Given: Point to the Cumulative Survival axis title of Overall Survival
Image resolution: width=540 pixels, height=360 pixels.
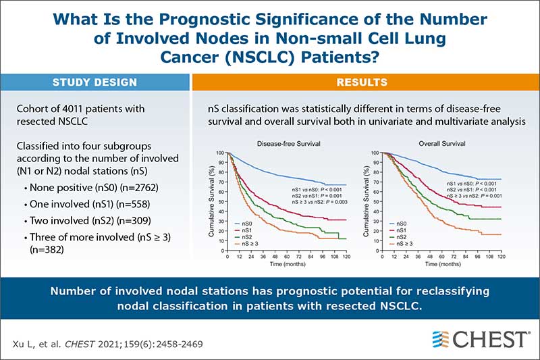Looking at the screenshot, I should coord(366,204).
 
